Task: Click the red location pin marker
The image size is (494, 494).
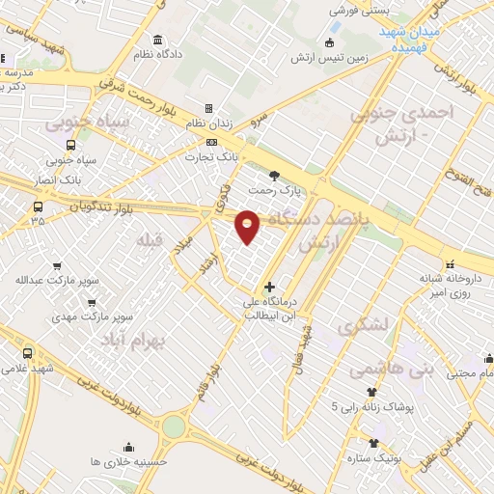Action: point(248,227)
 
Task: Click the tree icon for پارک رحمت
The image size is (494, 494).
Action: point(276,176)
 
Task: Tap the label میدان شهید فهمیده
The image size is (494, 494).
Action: point(409,38)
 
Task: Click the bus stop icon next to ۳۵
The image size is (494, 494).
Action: point(39,206)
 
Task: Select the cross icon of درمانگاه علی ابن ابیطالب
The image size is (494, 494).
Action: point(269,287)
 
